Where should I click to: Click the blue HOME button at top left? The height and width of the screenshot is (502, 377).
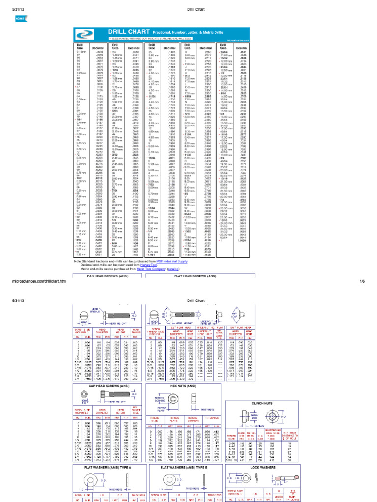pos(21,18)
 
